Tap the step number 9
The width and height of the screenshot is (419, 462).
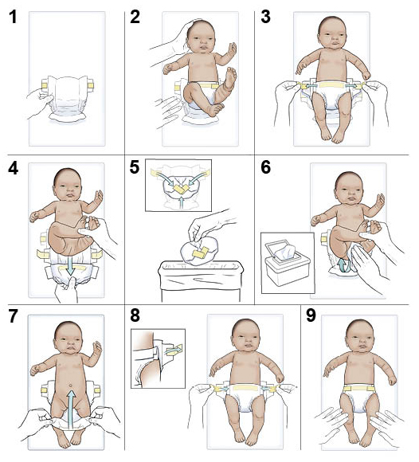tap(311, 316)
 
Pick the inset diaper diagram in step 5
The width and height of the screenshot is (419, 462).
tap(177, 184)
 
